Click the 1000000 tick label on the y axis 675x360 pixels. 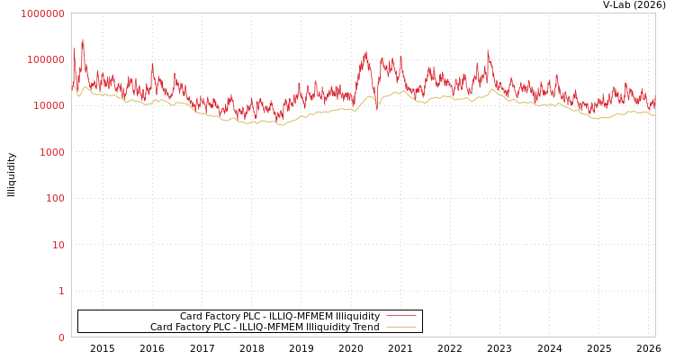[42, 13]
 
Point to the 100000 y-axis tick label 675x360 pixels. [45, 59]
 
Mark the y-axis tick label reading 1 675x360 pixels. [61, 291]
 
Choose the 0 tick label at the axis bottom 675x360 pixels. [61, 337]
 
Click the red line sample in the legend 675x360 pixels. [401, 316]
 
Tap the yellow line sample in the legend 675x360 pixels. [401, 327]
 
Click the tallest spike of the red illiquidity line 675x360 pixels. [83, 40]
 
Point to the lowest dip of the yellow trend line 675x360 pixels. [281, 124]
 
